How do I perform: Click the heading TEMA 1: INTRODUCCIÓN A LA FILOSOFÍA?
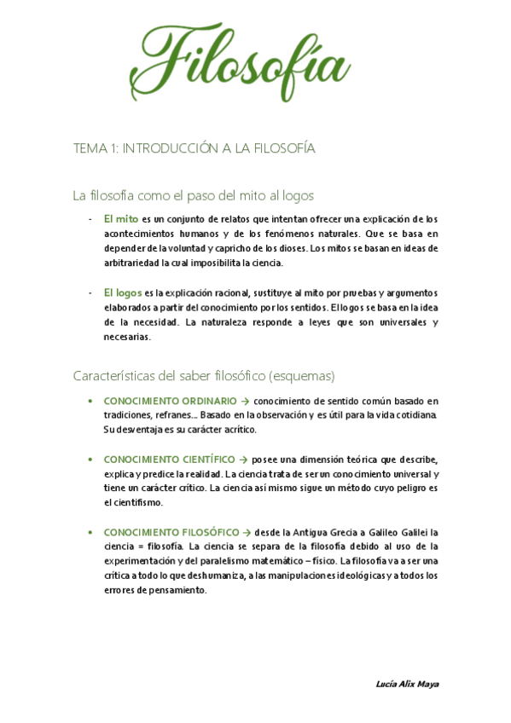click(195, 148)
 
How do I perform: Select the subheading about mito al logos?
click(194, 195)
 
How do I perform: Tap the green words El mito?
click(121, 218)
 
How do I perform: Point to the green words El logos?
click(123, 292)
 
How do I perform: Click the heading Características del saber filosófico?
click(204, 375)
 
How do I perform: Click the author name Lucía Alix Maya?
click(407, 684)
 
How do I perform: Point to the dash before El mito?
click(90, 218)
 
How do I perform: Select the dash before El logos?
click(90, 292)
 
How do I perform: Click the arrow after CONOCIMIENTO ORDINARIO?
click(245, 400)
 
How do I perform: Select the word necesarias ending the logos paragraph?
click(126, 336)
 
